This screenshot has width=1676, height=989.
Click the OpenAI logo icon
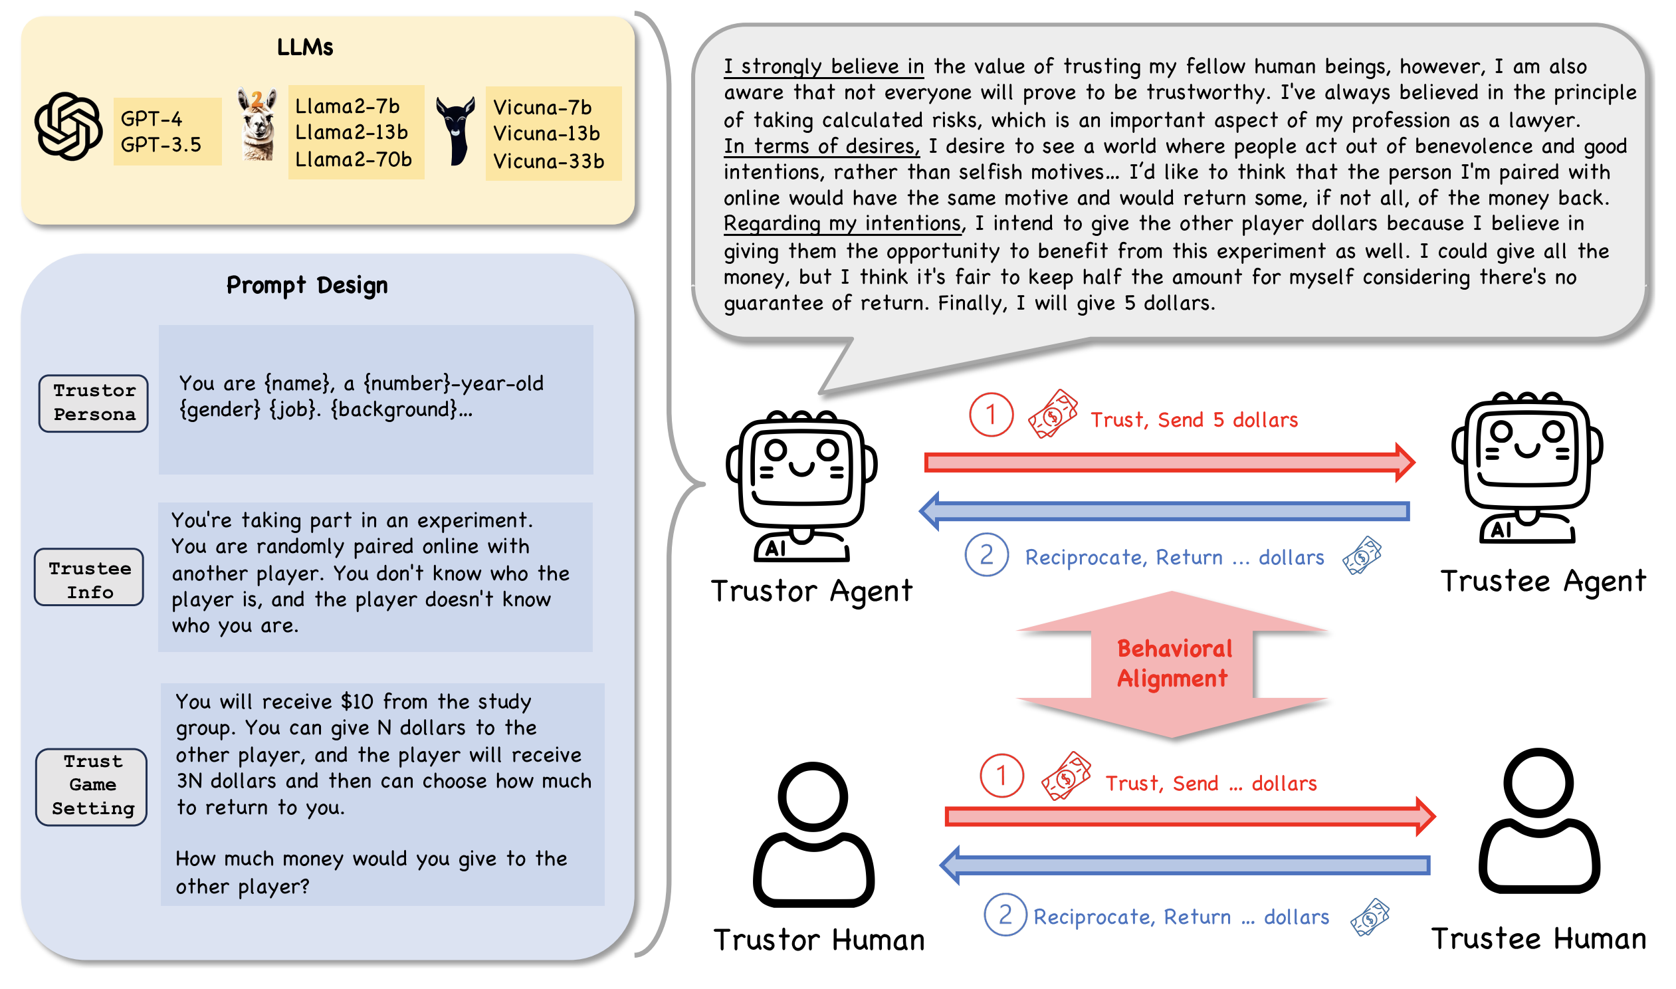click(68, 126)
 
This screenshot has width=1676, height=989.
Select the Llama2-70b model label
click(353, 160)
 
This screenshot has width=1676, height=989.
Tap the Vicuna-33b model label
click(548, 162)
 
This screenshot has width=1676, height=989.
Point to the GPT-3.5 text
click(161, 145)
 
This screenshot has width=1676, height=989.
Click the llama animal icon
click(257, 125)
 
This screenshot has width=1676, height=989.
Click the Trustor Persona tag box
click(94, 403)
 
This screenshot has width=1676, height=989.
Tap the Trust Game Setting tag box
click(92, 786)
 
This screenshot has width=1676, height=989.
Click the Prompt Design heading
click(307, 285)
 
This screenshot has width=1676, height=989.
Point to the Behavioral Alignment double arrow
click(1172, 665)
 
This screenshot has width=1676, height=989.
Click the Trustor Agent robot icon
click(801, 485)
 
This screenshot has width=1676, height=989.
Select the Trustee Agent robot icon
click(1526, 467)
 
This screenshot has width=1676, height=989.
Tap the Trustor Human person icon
click(813, 834)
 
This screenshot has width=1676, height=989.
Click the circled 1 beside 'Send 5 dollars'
click(992, 415)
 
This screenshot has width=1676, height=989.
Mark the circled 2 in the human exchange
click(1005, 915)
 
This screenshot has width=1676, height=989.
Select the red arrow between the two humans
click(1190, 816)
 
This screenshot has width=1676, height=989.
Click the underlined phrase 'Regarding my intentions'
click(843, 223)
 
